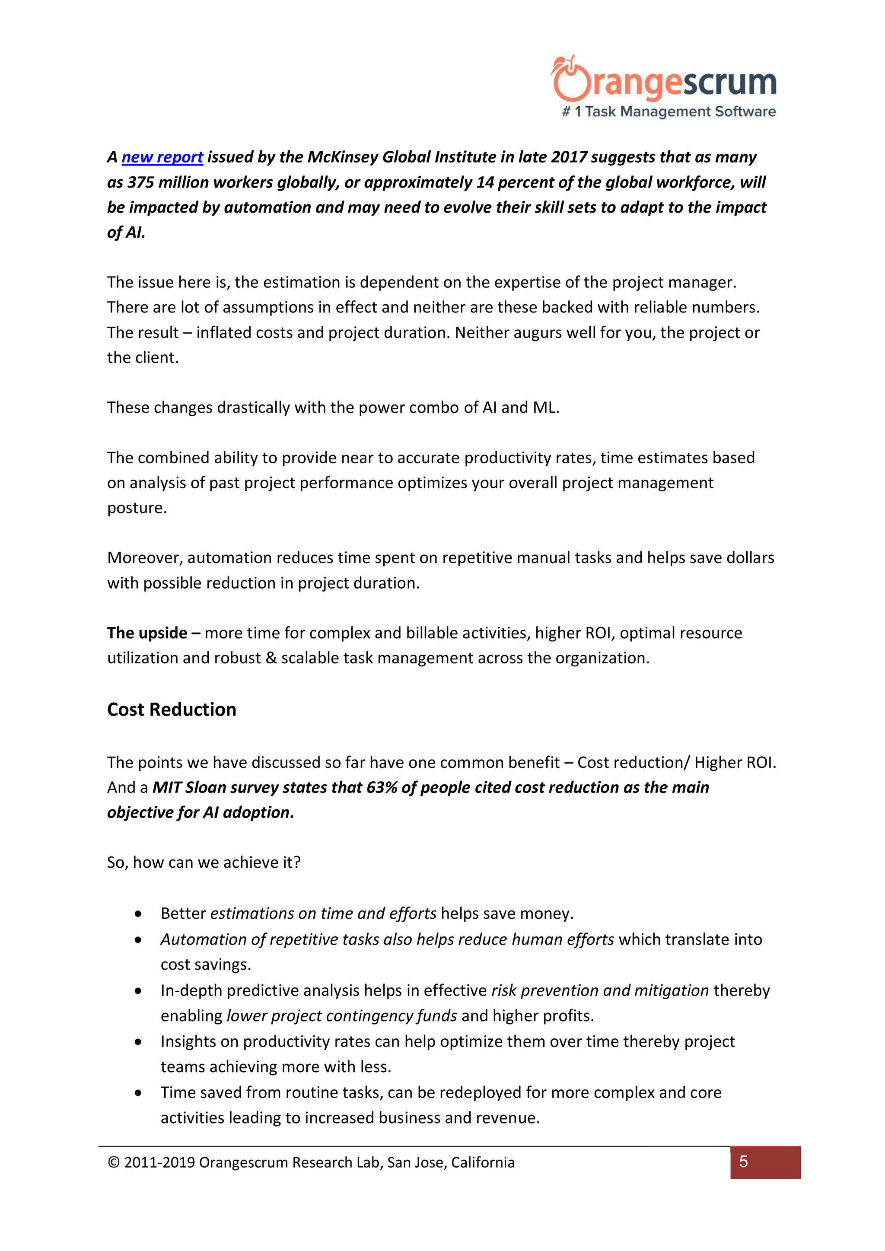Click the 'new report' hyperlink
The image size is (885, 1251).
pyautogui.click(x=162, y=157)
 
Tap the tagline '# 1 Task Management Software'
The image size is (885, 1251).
pyautogui.click(x=669, y=111)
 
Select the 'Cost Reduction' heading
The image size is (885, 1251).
pyautogui.click(x=172, y=710)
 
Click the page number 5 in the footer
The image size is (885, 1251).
pyautogui.click(x=743, y=1162)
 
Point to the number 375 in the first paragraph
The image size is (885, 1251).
pyautogui.click(x=140, y=182)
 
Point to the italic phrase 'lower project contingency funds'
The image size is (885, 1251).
pyautogui.click(x=342, y=1016)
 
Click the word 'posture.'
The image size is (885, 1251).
pyautogui.click(x=137, y=508)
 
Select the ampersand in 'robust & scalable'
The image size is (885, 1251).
pyautogui.click(x=271, y=658)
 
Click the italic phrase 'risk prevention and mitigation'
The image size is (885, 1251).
pyautogui.click(x=600, y=990)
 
